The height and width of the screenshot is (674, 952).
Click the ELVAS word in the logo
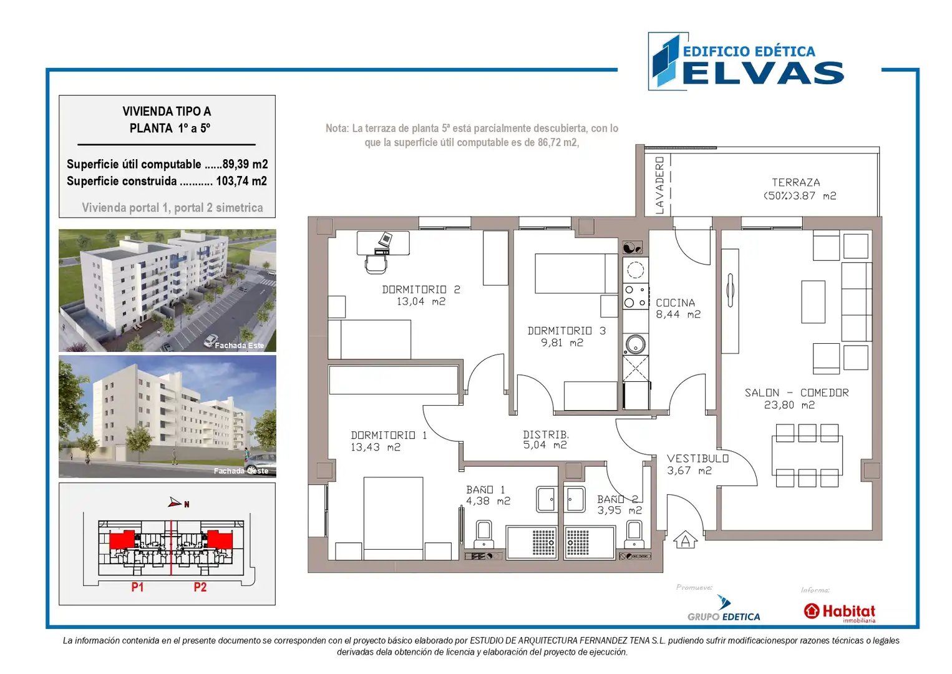click(x=763, y=73)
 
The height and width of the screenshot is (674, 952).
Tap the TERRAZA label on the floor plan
click(x=795, y=182)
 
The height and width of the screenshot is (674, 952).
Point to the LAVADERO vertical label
click(x=659, y=185)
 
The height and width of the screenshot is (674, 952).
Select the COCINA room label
click(x=676, y=303)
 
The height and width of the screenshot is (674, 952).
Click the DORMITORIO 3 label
click(x=566, y=331)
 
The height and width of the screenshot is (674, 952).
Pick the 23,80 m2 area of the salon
click(x=789, y=405)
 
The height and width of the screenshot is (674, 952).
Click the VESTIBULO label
click(x=697, y=459)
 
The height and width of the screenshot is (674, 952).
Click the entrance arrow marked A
click(x=685, y=540)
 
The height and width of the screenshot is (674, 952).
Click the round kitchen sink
click(x=635, y=344)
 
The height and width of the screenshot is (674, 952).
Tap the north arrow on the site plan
click(x=175, y=502)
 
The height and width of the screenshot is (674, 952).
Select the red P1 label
click(x=137, y=587)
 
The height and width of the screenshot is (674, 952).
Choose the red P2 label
click(x=200, y=587)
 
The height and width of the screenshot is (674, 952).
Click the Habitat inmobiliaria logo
click(x=839, y=612)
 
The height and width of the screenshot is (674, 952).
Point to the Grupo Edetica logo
click(x=724, y=609)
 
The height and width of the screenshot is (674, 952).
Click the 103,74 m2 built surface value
click(x=241, y=181)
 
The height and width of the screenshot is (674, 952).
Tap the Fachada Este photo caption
click(x=240, y=345)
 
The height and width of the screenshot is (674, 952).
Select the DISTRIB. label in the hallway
click(x=546, y=434)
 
